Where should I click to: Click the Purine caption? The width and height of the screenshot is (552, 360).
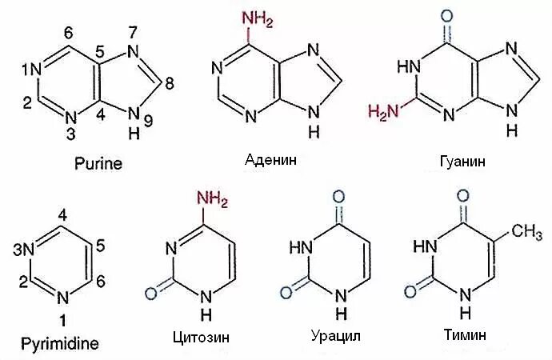(98, 164)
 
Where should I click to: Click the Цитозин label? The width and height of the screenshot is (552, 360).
(200, 338)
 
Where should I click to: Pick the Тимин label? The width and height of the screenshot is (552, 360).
(458, 337)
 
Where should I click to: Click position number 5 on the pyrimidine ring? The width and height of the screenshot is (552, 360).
(100, 246)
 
